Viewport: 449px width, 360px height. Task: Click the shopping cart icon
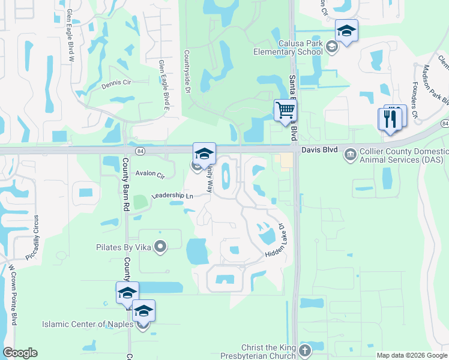coord(285,110)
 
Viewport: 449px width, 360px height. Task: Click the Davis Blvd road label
coord(319,149)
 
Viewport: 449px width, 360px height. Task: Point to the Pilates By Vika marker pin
coord(160,247)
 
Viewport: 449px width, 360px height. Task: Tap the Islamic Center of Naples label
coord(89,325)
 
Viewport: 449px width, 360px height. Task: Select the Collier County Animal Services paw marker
coord(349,155)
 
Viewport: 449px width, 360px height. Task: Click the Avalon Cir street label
coord(150,175)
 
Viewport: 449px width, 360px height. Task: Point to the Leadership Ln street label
coord(172,196)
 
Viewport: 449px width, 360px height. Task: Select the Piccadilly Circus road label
coord(36,236)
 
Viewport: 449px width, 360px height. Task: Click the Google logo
coord(20,353)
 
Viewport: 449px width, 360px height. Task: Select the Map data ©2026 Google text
coord(412,355)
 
